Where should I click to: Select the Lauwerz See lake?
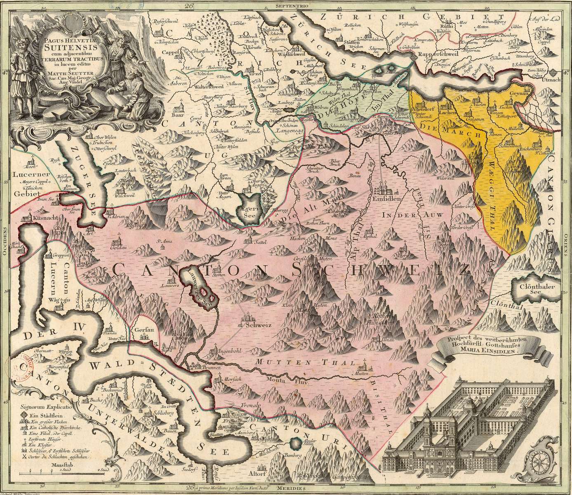point(201,292)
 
